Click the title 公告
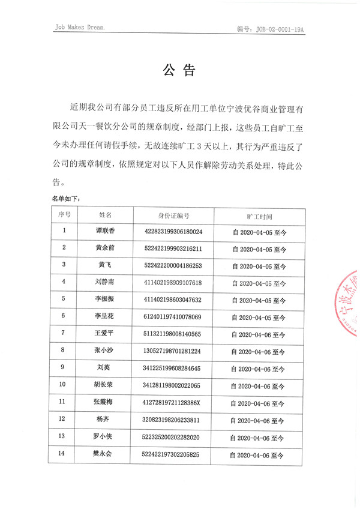(179, 71)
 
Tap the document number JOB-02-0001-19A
(280, 28)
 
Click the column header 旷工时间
(259, 215)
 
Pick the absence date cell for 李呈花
(259, 316)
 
